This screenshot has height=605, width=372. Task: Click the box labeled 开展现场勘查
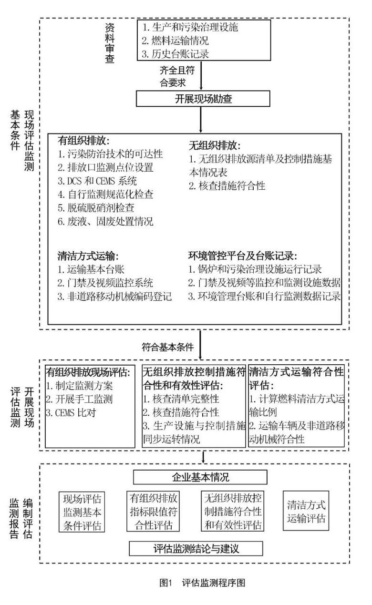click(203, 99)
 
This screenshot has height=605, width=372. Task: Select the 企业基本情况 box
click(200, 477)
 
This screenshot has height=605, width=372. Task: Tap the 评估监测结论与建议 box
click(196, 548)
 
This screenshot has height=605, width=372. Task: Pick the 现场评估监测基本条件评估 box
click(82, 512)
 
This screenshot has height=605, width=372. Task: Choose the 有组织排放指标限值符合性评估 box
click(154, 512)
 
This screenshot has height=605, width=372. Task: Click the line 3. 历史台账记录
click(176, 54)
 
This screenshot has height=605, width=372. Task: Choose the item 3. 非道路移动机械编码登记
click(114, 296)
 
